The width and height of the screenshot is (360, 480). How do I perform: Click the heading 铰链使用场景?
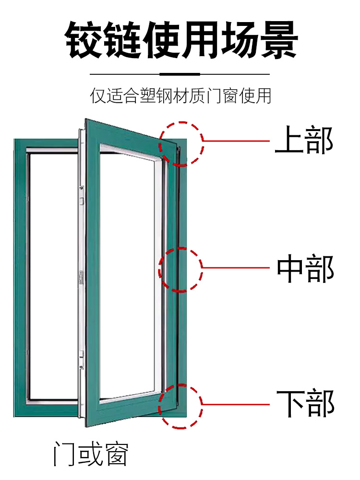[181, 40]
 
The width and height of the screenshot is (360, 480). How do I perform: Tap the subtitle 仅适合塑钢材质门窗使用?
[180, 96]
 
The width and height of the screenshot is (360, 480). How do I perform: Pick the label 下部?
[304, 402]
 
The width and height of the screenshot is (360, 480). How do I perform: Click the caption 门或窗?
[91, 454]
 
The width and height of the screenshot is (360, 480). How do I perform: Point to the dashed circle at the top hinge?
[181, 144]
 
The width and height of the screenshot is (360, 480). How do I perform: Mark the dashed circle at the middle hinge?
[181, 269]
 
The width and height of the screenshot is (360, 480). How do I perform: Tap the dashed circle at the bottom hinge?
[181, 406]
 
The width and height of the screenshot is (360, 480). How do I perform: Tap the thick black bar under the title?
[180, 74]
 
